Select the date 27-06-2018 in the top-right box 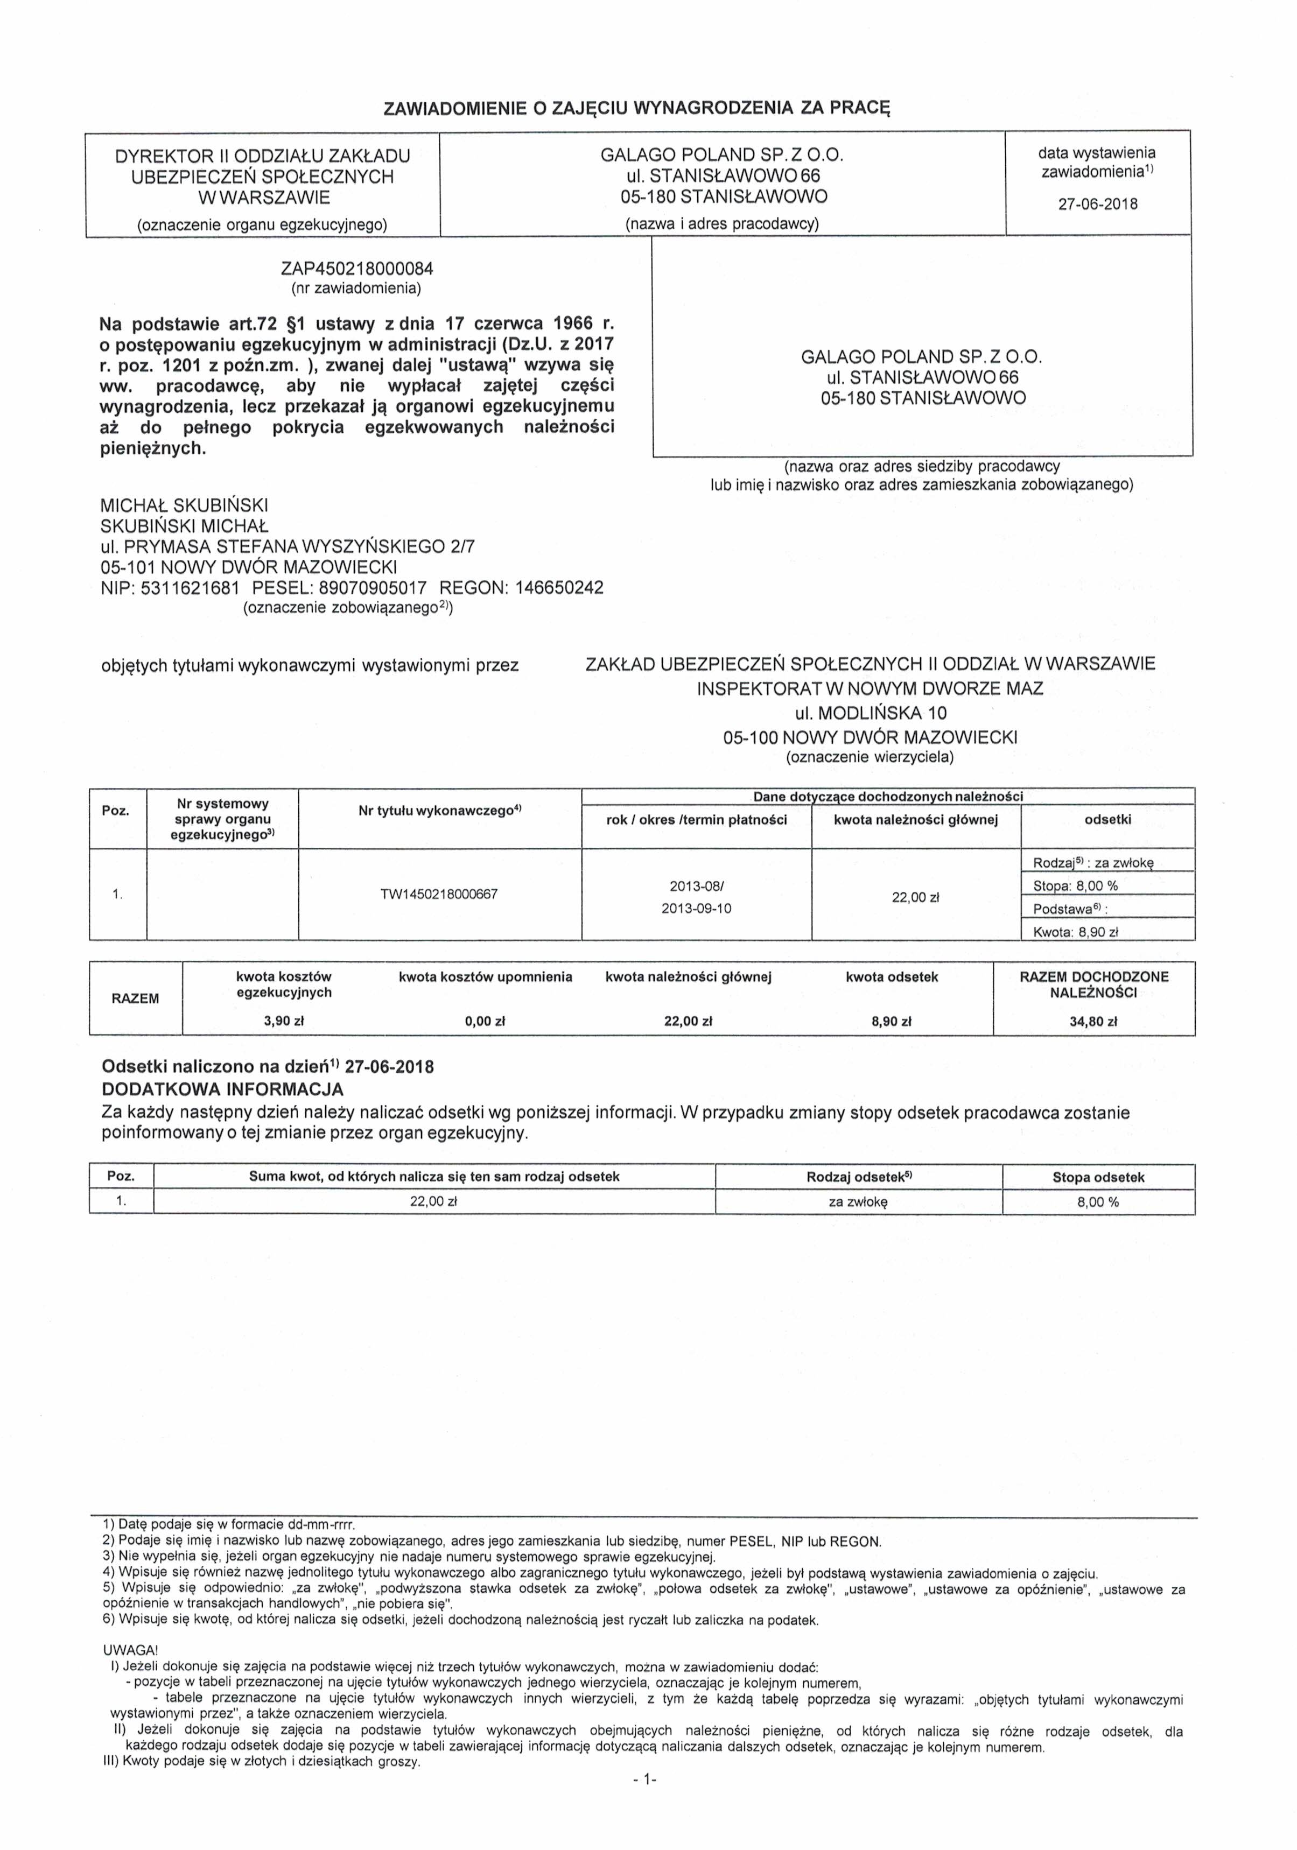1097,204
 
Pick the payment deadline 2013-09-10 697,908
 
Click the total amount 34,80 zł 1094,1022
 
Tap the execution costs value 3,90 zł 284,1022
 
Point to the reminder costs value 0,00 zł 485,1022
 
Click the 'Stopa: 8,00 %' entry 1075,885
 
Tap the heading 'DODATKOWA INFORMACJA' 222,1089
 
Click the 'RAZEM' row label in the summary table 136,999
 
